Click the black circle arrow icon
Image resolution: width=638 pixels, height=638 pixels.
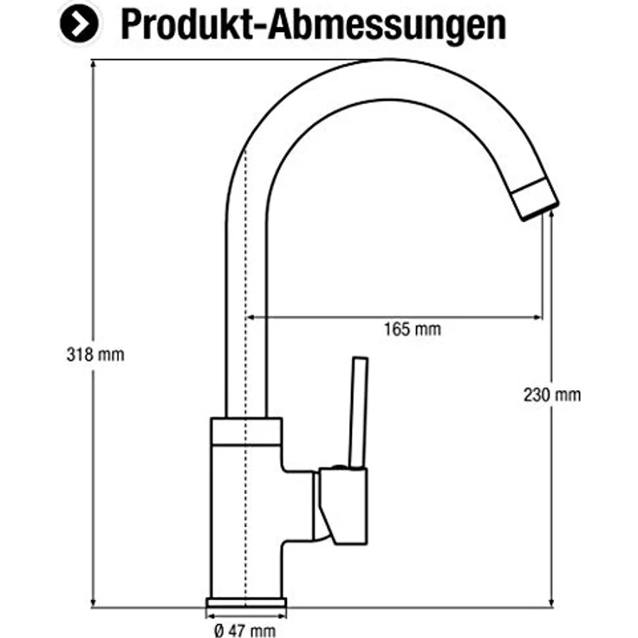point(79,24)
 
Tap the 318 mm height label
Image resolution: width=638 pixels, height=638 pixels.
point(95,355)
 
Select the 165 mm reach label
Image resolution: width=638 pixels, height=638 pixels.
point(413,329)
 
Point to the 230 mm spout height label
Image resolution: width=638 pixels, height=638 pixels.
point(552,394)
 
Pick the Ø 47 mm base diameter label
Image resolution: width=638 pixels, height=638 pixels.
point(245,630)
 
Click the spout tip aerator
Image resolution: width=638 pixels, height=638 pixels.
point(535,199)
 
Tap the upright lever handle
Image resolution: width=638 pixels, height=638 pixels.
point(359,413)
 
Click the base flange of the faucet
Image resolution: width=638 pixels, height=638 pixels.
point(246,602)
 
